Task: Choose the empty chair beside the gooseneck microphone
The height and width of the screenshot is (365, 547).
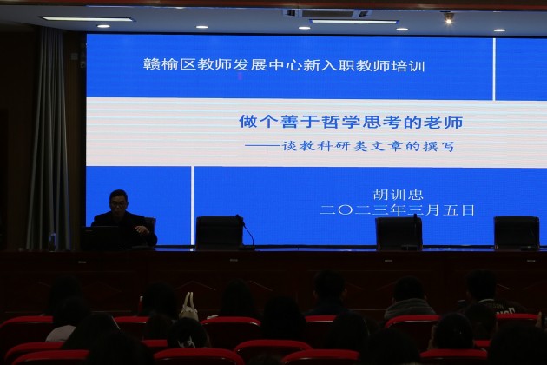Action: (x=218, y=231)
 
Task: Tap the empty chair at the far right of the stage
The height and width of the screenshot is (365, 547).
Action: (x=516, y=232)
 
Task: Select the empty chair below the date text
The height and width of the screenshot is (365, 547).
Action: (x=398, y=232)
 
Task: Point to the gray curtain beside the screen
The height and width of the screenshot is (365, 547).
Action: (x=48, y=139)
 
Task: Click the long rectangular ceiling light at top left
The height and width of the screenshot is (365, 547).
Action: (x=87, y=19)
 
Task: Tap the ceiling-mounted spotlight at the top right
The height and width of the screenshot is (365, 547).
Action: (x=448, y=17)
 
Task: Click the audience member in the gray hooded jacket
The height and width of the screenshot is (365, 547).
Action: (x=407, y=301)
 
